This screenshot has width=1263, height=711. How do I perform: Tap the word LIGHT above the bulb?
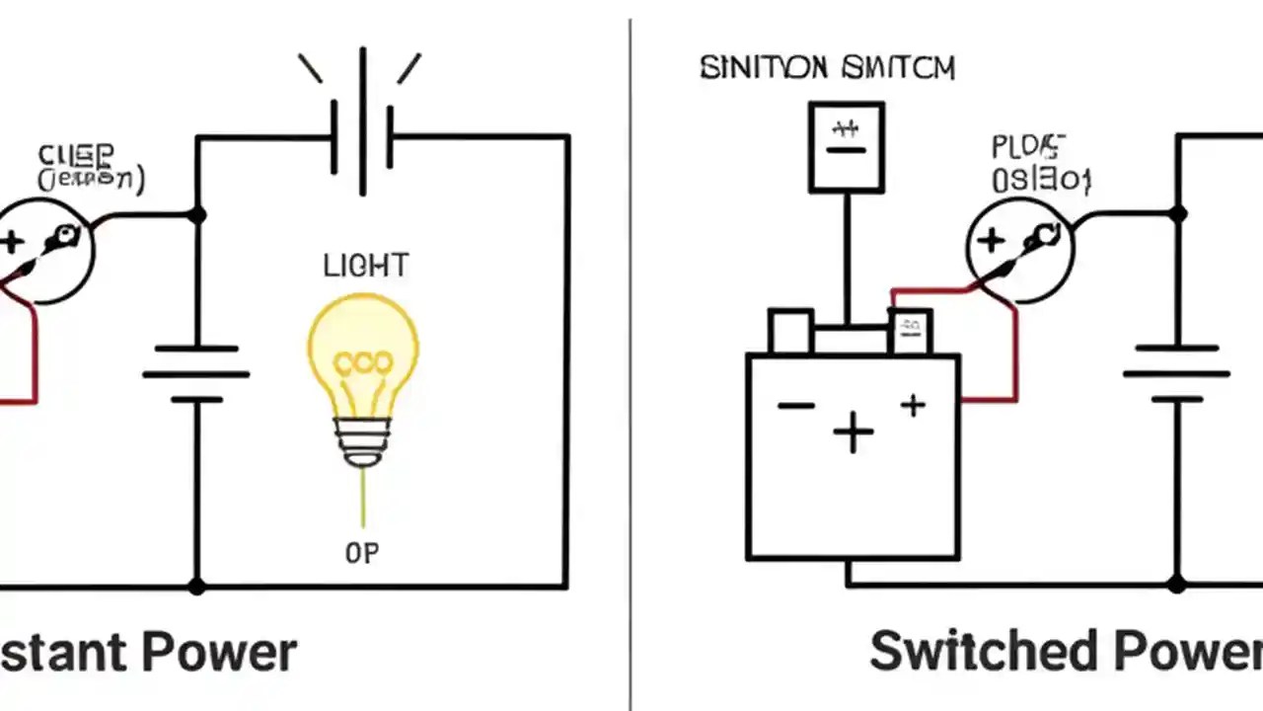365,265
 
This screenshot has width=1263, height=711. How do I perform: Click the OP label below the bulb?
362,554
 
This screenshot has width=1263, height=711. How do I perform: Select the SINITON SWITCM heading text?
827,68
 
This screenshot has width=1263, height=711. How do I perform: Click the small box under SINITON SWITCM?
847,146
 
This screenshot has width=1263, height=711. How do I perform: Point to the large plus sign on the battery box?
853,433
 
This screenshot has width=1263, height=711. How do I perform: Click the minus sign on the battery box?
795,406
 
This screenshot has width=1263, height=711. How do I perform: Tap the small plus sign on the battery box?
913,405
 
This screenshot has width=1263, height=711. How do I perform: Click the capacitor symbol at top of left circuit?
363,138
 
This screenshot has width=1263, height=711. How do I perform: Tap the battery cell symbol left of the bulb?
196,374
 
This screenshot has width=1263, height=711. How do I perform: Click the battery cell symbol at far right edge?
1176,374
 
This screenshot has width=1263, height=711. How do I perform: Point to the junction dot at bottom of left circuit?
196,587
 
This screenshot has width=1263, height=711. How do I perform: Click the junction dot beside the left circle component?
196,214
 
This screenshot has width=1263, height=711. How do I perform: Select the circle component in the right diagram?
1018,247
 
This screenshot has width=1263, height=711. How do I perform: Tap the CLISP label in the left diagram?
76,155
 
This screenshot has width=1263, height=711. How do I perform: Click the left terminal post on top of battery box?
789,331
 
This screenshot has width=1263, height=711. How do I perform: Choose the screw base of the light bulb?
362,440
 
